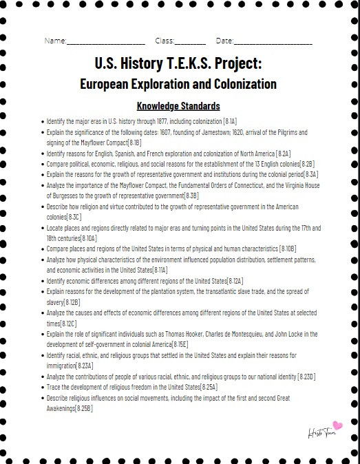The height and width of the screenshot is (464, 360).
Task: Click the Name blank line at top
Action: [106, 43]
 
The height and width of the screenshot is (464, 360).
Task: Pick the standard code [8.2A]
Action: [283, 153]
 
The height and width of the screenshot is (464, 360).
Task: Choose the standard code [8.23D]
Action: [306, 377]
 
